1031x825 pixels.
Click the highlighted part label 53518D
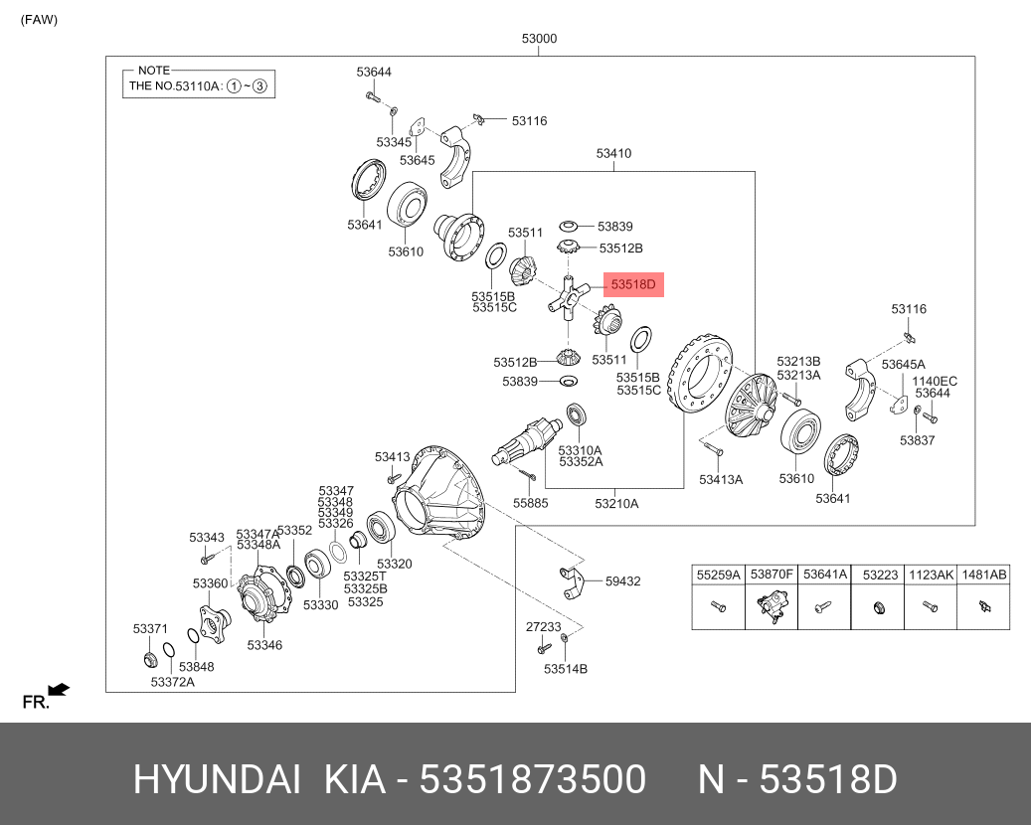click(x=633, y=286)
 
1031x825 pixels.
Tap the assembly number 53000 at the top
click(x=539, y=39)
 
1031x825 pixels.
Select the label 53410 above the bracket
click(x=613, y=154)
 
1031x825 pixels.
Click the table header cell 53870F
click(x=772, y=575)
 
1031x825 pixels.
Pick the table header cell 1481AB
click(x=984, y=575)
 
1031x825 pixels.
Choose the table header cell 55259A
click(x=718, y=575)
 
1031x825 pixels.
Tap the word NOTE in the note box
click(x=154, y=71)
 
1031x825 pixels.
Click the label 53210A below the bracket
click(x=616, y=504)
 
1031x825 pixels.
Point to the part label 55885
click(x=530, y=503)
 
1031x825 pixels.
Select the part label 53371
click(x=150, y=629)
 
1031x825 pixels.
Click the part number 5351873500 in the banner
click(x=533, y=780)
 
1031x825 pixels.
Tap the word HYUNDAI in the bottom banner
click(x=217, y=780)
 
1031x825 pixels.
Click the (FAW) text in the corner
click(x=40, y=19)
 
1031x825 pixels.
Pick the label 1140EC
click(x=935, y=381)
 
